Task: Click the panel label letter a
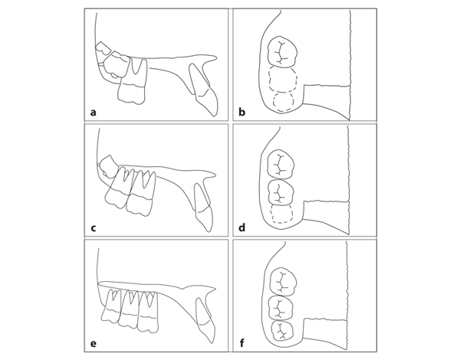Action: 94,113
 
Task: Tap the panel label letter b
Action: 242,112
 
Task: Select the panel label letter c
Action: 94,227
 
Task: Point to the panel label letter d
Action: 242,227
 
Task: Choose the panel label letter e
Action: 94,343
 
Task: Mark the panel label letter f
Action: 242,342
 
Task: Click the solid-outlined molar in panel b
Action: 282,52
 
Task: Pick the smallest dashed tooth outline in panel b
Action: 283,102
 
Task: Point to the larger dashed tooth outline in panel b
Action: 283,80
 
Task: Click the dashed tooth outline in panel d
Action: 281,214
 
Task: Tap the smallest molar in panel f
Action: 282,331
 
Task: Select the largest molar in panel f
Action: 282,282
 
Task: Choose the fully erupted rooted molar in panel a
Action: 132,81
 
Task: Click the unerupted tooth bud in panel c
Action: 108,166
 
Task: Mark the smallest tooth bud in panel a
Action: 103,48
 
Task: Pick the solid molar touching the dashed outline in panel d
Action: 281,192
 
